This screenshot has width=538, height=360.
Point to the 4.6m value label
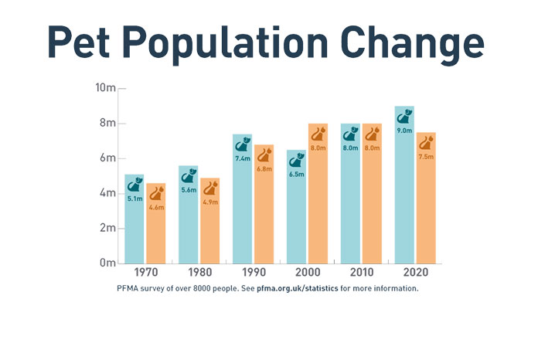[x=156, y=207]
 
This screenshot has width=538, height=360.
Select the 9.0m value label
[x=404, y=131]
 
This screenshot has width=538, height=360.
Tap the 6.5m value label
[x=297, y=175]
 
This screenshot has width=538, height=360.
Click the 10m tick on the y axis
[x=106, y=88]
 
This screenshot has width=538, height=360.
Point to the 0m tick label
[x=107, y=263]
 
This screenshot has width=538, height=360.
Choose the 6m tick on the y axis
[x=107, y=158]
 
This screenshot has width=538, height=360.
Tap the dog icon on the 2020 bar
[x=404, y=117]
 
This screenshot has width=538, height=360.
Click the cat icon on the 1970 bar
[x=156, y=192]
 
